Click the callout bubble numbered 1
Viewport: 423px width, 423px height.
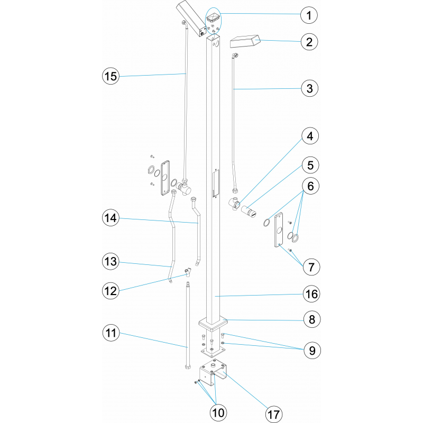(x=309, y=15)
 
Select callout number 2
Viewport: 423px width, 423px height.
(x=309, y=42)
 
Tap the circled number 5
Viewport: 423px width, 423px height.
(x=310, y=165)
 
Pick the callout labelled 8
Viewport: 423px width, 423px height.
(x=312, y=319)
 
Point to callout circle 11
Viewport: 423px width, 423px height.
(x=111, y=333)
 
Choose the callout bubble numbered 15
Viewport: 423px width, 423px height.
(x=111, y=76)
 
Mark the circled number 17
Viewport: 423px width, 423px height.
(x=274, y=415)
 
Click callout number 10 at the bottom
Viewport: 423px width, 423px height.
(x=218, y=412)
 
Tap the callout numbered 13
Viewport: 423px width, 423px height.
(x=111, y=261)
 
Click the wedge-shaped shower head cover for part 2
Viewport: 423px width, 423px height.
(x=245, y=41)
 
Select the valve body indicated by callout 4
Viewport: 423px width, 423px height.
(x=234, y=203)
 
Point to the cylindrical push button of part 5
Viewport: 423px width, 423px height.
(x=249, y=210)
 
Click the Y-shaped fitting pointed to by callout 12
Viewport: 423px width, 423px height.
(x=188, y=272)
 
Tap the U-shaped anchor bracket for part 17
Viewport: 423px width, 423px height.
(x=213, y=372)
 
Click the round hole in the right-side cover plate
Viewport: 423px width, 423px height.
(x=279, y=230)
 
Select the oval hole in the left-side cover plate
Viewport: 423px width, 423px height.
(x=164, y=178)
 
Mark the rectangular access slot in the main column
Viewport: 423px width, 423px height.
(x=215, y=183)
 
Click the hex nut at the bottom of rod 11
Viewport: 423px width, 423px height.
(x=188, y=366)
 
